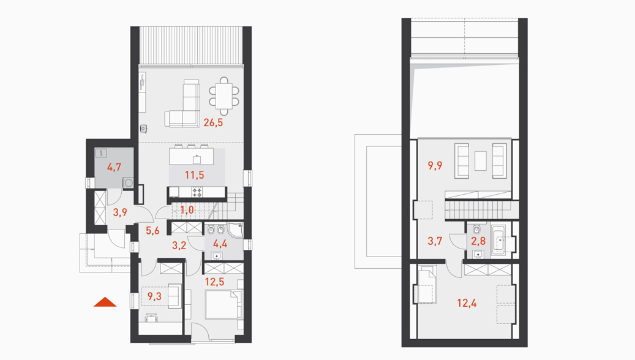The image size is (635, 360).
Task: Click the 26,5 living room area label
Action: point(213,122)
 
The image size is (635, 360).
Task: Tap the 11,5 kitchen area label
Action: point(194,175)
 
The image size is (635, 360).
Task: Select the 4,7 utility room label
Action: point(115,167)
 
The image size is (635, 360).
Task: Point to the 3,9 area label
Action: point(120,212)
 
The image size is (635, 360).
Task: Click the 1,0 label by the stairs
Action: point(187,210)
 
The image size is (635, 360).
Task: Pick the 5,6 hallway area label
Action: point(152,231)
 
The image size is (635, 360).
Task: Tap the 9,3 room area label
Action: point(154,296)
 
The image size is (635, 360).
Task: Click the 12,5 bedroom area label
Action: point(214,282)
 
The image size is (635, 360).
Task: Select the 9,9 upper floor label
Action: point(435,165)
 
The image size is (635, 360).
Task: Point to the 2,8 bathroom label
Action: point(478,241)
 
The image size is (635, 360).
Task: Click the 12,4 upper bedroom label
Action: point(467,303)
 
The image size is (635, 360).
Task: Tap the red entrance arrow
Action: point(105,302)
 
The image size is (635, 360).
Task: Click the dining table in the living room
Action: point(224,96)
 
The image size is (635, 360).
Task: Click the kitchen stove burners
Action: point(197,192)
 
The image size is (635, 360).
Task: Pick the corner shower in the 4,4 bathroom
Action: point(235,230)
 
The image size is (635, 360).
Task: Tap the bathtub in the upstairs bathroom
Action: point(499,241)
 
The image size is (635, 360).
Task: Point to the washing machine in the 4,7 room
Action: point(129,182)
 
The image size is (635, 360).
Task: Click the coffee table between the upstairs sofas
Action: point(481,161)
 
